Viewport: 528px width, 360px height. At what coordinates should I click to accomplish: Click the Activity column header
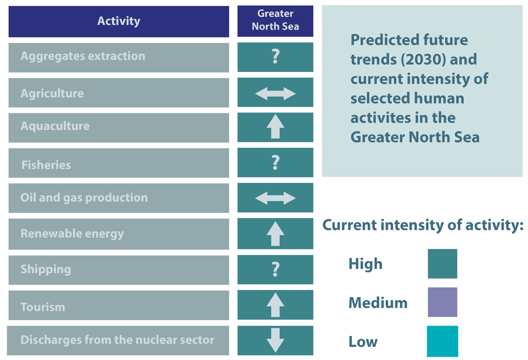click(x=119, y=21)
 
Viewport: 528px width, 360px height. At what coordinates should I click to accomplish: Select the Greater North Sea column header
click(x=275, y=20)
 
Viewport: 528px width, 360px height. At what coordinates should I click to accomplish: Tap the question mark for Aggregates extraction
click(x=275, y=57)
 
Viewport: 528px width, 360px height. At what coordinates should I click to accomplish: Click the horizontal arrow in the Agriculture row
click(x=275, y=94)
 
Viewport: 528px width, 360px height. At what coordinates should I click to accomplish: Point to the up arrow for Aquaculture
click(x=275, y=127)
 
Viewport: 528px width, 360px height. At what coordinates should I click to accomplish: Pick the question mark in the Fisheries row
click(x=275, y=163)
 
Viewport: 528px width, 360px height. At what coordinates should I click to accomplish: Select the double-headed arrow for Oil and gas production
click(x=275, y=198)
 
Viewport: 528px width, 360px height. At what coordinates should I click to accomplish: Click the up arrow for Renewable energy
click(x=275, y=234)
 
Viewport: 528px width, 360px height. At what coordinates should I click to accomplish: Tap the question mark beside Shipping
click(x=275, y=270)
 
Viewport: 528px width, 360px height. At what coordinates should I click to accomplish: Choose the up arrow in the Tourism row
click(x=275, y=305)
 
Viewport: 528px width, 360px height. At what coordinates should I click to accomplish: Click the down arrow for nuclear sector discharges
click(x=275, y=340)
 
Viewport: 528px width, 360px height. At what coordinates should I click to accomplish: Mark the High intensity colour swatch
click(x=442, y=264)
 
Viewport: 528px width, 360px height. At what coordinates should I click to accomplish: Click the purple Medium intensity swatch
click(x=442, y=302)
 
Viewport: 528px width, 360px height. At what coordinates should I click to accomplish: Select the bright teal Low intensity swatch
click(x=442, y=341)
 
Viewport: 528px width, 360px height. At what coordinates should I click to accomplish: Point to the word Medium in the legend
click(x=378, y=303)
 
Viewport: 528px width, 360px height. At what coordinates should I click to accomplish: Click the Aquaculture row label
click(x=55, y=126)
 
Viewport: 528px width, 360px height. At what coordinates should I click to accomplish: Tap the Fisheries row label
click(x=46, y=165)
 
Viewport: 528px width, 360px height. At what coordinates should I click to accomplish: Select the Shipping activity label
click(x=46, y=269)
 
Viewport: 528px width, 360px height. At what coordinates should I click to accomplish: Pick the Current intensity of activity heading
click(x=422, y=225)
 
